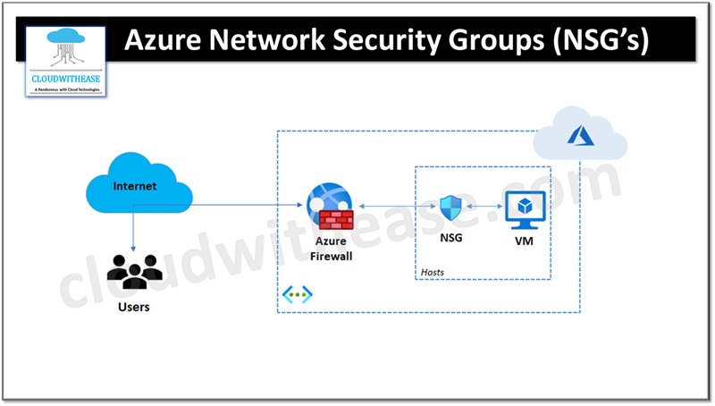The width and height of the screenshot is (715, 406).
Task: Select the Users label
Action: point(134,308)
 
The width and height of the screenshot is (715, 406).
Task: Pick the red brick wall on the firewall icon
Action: point(336,220)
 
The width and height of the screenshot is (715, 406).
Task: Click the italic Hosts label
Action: point(433,272)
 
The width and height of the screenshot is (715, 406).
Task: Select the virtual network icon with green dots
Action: point(297,294)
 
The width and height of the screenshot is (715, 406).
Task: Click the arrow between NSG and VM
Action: point(484,207)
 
